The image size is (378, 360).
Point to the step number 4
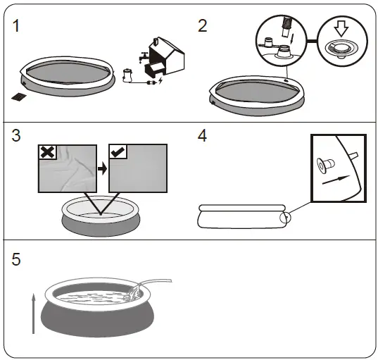(203, 136)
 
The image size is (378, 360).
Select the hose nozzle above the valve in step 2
(287, 27)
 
